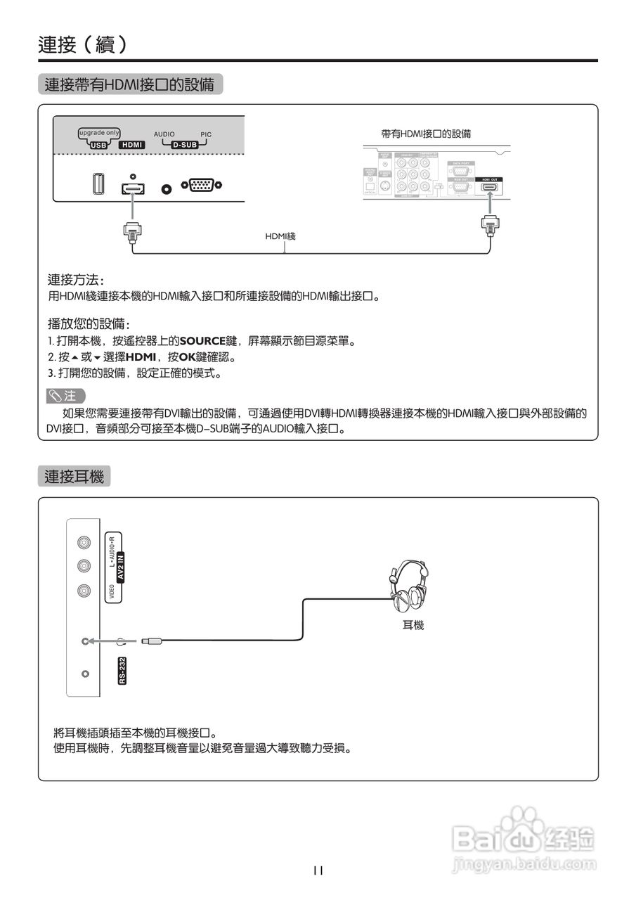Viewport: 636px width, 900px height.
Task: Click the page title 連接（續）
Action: [83, 44]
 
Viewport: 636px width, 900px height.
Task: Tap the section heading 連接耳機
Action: [74, 477]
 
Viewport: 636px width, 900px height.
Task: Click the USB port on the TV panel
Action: [98, 185]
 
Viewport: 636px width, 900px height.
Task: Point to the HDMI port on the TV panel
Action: [132, 188]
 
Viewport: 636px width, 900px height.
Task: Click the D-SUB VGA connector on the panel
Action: [202, 186]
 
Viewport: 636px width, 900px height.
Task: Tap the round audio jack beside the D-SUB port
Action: [167, 188]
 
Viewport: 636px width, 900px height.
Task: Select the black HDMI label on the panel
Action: [132, 145]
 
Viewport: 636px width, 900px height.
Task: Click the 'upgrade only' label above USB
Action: [98, 132]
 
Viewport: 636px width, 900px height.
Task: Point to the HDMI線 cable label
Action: [280, 236]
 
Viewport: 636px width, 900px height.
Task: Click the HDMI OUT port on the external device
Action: [488, 188]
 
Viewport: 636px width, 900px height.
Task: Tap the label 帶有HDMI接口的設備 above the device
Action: [426, 134]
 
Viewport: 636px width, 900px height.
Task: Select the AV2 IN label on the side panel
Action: [119, 566]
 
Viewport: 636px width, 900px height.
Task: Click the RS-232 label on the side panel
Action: [122, 670]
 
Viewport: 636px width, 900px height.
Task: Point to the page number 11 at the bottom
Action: [318, 870]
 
